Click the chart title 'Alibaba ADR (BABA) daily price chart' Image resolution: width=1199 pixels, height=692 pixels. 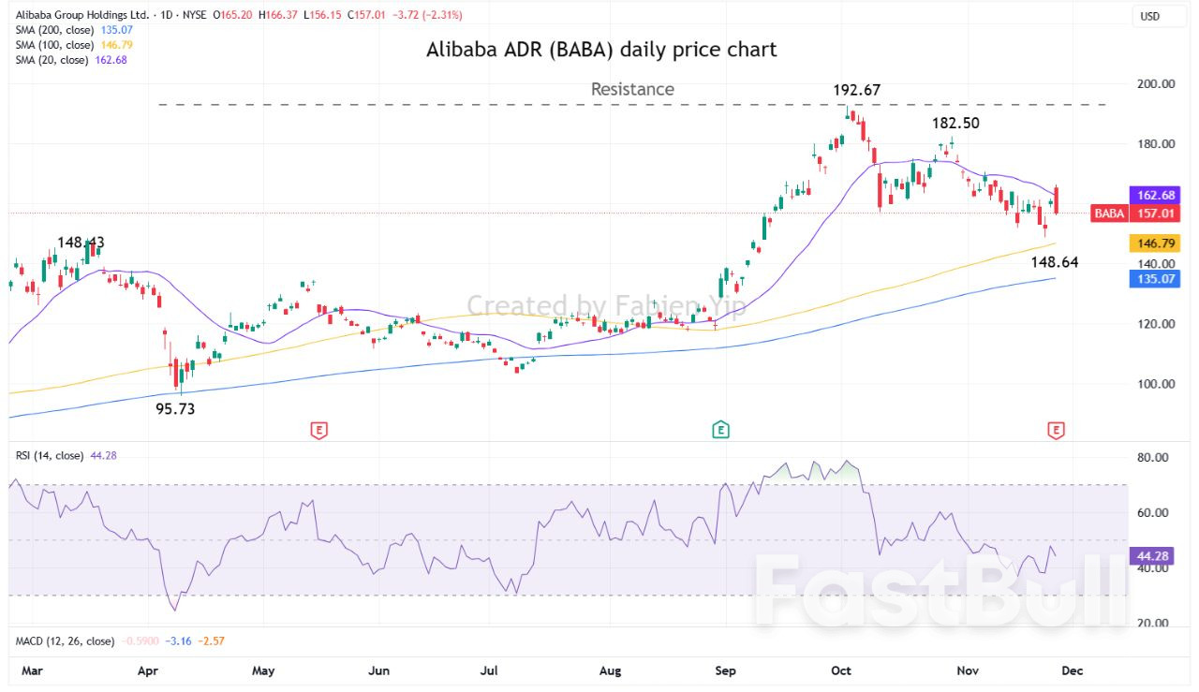(601, 50)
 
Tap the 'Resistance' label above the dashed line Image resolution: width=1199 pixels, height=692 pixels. (632, 89)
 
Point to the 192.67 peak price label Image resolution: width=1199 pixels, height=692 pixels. (857, 90)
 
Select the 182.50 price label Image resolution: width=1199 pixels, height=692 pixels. (955, 124)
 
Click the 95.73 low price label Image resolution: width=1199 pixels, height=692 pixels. (175, 408)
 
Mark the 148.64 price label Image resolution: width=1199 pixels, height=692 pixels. (1054, 262)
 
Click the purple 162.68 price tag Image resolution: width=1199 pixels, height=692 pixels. (1156, 195)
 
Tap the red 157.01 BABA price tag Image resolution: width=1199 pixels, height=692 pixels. (1156, 213)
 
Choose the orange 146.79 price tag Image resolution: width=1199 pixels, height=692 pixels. (1156, 243)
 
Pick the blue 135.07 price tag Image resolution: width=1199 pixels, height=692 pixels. (1156, 278)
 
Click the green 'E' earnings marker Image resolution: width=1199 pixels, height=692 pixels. (720, 430)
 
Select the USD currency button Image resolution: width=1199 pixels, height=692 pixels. (1148, 16)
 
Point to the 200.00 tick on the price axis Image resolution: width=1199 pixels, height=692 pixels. (1156, 83)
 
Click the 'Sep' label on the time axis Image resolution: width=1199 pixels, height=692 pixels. (726, 670)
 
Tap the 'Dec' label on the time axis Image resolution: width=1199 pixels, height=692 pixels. (1072, 670)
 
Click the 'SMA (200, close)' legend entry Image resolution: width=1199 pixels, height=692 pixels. (55, 30)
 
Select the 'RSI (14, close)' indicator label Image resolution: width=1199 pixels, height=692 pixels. (50, 455)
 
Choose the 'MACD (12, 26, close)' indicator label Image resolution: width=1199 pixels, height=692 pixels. (65, 641)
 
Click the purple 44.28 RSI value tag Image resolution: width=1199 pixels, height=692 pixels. (1154, 555)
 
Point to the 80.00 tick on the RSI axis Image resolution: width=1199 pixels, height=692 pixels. (1154, 458)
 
